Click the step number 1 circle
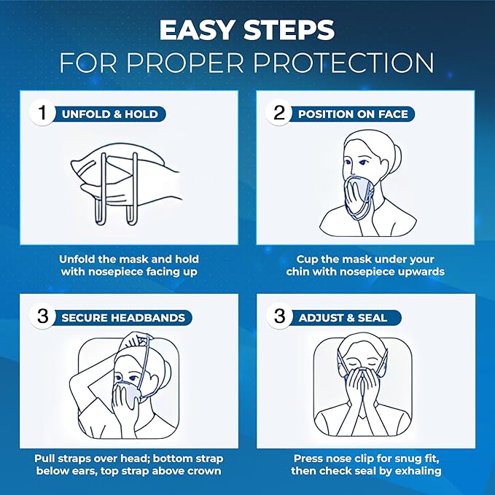pos(42,114)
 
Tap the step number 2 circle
pos(278,114)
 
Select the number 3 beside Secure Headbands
pos(42,317)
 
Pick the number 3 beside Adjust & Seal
pos(278,317)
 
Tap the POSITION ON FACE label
pos(353,114)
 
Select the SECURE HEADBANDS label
pos(122,318)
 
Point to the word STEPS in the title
pos(292,31)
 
